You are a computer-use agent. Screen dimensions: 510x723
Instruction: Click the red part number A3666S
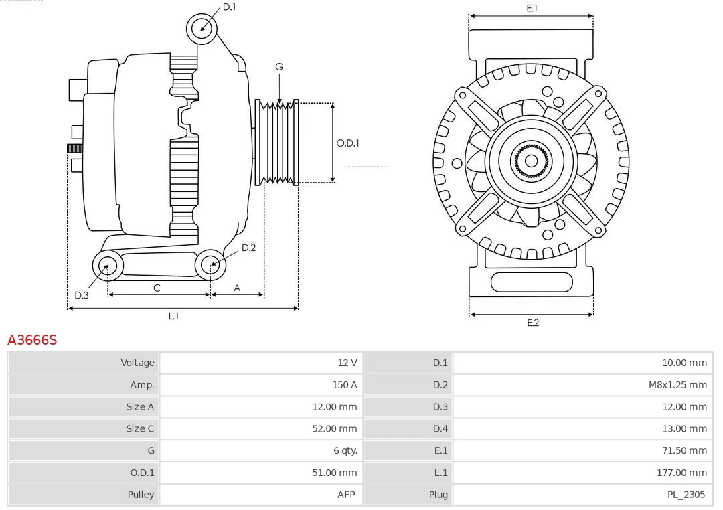pos(32,340)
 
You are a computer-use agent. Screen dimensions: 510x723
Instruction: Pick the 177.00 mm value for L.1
pos(681,473)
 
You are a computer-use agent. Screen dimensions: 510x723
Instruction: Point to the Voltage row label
pos(137,363)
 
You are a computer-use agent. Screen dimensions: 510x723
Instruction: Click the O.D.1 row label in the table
pos(142,473)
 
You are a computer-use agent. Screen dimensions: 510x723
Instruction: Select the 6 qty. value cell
pos(345,450)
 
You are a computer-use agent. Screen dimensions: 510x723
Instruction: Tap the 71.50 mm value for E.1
pos(684,450)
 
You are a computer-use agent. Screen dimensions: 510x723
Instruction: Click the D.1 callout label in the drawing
pos(229,7)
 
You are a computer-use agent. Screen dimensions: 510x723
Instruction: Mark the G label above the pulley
pos(279,66)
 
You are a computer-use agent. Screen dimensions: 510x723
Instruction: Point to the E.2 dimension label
pos(532,323)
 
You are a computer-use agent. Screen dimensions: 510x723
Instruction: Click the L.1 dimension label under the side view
pos(173,316)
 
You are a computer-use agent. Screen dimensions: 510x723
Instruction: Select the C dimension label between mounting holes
pos(157,288)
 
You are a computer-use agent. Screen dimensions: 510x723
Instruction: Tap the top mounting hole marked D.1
pos(202,28)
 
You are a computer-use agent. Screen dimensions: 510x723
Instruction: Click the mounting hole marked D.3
pos(106,266)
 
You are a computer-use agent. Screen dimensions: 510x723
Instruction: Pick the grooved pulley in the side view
pos(277,143)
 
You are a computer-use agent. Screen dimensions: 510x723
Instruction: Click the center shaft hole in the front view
pos(531,161)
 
